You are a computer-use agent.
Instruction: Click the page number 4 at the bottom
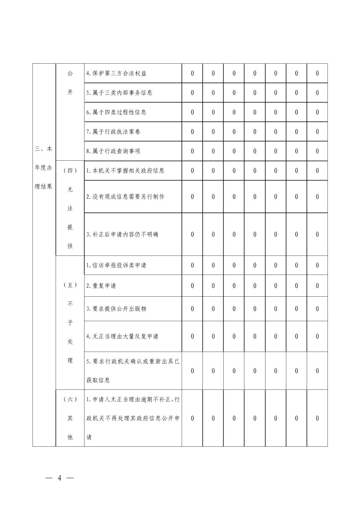tap(59, 478)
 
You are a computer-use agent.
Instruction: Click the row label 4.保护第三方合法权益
tap(116, 73)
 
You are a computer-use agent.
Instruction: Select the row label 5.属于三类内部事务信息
tap(119, 93)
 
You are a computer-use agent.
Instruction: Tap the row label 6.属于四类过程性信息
tap(116, 112)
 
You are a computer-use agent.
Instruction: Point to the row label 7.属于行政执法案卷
tap(113, 132)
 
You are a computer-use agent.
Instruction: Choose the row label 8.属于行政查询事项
tap(113, 151)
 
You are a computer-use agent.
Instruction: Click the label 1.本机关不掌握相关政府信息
tap(125, 170)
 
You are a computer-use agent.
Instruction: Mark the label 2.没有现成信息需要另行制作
tap(125, 197)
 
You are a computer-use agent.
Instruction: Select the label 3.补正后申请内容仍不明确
tap(122, 234)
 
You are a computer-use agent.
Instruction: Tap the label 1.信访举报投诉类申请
tap(116, 266)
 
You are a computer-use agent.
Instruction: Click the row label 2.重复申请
tap(101, 286)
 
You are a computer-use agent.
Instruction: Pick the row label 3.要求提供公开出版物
tap(116, 309)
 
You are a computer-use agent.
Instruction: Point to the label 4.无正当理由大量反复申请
tap(122, 337)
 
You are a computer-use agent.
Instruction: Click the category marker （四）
tap(70, 170)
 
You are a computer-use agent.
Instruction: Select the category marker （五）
tap(70, 285)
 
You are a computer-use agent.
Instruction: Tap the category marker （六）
tap(70, 399)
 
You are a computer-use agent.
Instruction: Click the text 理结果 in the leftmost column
tap(44, 187)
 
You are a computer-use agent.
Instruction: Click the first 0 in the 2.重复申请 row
tap(192, 286)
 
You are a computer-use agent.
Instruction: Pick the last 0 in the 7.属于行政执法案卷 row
tap(317, 132)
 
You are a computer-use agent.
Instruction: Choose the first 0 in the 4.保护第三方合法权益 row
tap(192, 73)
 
